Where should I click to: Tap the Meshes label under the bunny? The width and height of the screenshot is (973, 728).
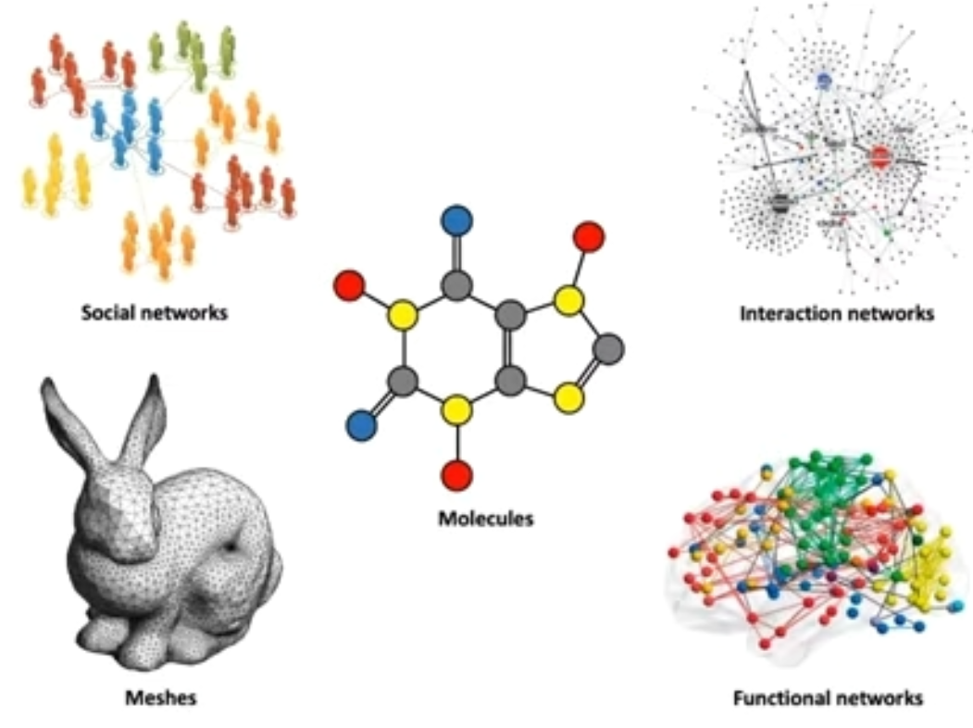159,697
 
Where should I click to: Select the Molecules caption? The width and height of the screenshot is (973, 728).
486,518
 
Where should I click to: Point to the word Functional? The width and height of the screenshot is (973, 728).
777,697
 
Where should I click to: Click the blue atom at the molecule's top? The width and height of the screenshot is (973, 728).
456,220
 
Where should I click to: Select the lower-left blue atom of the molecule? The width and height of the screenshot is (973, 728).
362,425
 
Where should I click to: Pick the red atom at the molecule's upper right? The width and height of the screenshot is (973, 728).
588,236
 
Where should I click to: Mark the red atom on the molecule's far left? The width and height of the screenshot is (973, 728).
349,285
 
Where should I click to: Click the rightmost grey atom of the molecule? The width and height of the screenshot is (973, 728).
607,349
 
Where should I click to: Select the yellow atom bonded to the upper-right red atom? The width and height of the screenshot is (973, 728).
568,299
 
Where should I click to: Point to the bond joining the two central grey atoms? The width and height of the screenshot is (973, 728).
511,348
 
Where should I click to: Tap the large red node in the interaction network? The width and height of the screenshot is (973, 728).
879,157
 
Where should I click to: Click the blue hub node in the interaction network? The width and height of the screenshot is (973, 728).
824,82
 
